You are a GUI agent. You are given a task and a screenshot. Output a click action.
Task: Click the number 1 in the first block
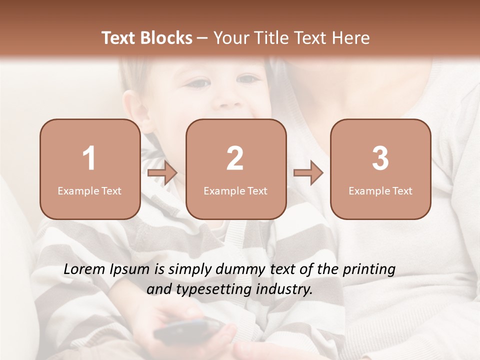pos(89,158)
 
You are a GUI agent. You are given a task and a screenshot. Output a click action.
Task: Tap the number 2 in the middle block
pos(235,158)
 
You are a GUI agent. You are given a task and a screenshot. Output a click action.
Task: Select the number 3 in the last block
pos(380,158)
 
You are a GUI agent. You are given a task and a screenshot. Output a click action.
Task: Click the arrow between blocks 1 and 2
pos(162,173)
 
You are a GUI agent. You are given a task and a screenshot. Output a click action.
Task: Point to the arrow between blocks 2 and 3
pos(308,173)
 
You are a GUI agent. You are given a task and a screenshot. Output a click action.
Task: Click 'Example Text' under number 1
pos(89,191)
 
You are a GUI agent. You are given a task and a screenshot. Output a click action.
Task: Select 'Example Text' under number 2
pos(235,191)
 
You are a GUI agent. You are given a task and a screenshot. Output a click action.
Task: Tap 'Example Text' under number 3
pos(380,191)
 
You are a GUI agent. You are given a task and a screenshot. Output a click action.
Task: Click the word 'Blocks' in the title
pos(166,38)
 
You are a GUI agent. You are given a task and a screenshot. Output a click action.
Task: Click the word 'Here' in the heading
pos(351,38)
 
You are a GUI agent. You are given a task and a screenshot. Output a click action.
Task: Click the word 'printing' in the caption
pos(369,270)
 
